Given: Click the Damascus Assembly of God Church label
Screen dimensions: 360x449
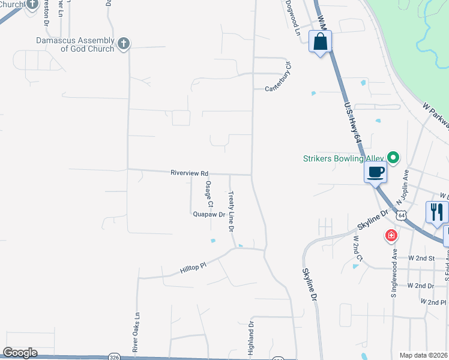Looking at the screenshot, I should coord(75,44).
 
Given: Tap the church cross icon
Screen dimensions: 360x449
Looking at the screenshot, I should coord(124,43).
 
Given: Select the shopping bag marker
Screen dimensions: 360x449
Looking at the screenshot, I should coord(321,43).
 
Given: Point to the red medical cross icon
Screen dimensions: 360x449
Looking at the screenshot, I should coord(391,235).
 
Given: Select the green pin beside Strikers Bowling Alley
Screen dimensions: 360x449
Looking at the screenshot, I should coord(393,158).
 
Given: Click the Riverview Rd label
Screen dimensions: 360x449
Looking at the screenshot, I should coord(189,172).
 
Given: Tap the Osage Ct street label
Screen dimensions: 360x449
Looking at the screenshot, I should coord(209,193).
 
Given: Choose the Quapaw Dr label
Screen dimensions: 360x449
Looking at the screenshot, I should coord(209,214).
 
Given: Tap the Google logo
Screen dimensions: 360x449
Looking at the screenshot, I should coord(20,353).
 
